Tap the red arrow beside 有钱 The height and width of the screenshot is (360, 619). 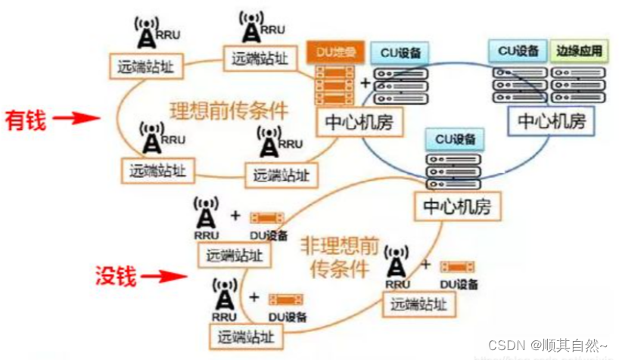tap(78, 118)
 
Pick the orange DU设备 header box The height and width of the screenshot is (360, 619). tap(335, 53)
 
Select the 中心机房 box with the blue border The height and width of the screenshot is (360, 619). tap(550, 121)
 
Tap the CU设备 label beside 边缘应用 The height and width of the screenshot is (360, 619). tap(518, 51)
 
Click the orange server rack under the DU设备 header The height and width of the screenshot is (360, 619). tap(335, 85)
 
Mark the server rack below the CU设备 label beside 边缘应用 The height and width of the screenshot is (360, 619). tap(518, 83)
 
